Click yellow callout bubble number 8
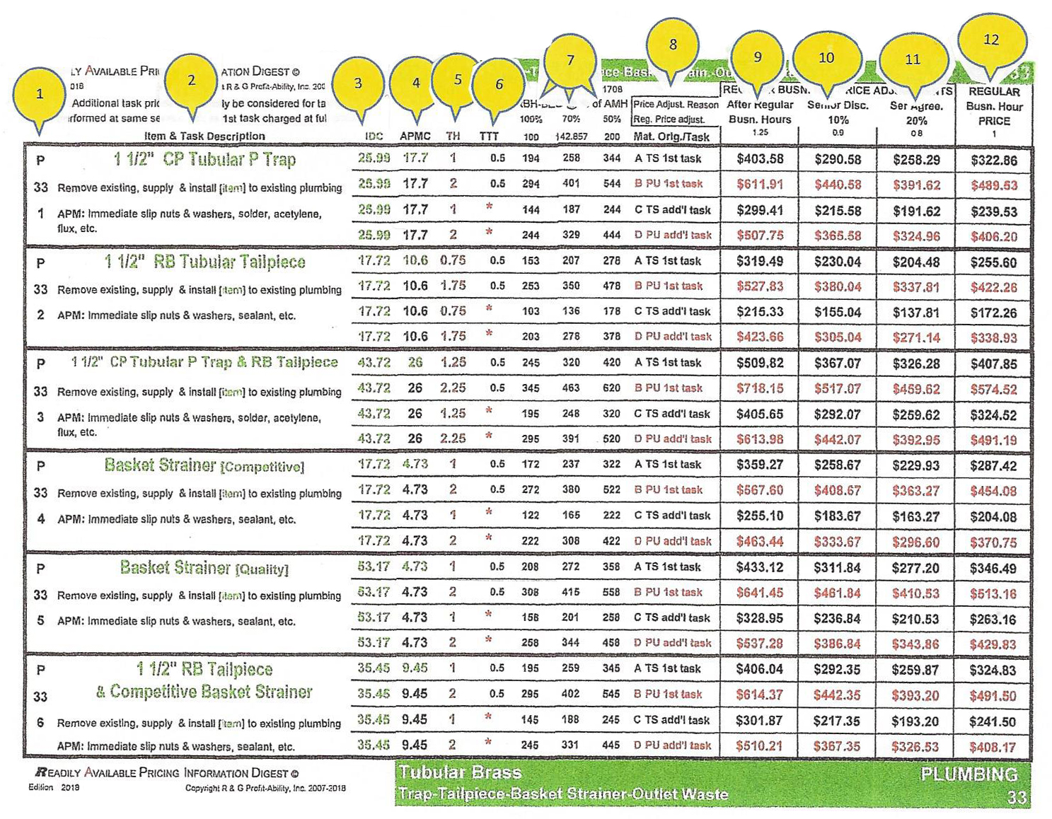(672, 45)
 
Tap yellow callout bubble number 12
(991, 40)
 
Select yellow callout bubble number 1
(40, 93)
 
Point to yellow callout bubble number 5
(458, 79)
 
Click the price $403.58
(760, 159)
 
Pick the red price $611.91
(760, 185)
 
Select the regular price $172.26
(993, 313)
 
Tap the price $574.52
(993, 390)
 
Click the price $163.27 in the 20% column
(916, 516)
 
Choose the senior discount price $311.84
(838, 567)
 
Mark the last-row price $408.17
(993, 747)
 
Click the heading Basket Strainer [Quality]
(204, 568)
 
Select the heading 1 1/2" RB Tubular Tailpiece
(204, 262)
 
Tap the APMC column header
(415, 136)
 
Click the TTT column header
(489, 136)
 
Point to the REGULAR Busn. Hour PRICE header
(994, 106)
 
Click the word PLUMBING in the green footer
(969, 774)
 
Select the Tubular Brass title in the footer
(460, 772)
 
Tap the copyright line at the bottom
(265, 788)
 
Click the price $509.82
(760, 364)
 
